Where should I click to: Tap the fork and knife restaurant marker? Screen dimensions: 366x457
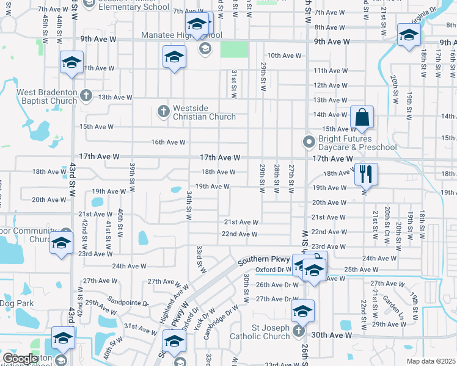pyautogui.click(x=366, y=173)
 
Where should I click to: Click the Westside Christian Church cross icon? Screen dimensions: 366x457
pyautogui.click(x=163, y=111)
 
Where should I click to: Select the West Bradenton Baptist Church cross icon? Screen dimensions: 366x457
pyautogui.click(x=86, y=96)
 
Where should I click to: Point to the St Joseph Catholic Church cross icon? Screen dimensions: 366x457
pyautogui.click(x=298, y=331)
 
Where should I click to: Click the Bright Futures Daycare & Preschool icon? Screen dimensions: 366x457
pyautogui.click(x=309, y=142)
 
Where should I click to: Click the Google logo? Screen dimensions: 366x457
pyautogui.click(x=20, y=359)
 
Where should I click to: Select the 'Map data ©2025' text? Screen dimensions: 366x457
pyautogui.click(x=431, y=361)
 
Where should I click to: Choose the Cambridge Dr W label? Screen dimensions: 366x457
pyautogui.click(x=224, y=317)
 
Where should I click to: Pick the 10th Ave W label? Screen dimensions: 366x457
pyautogui.click(x=284, y=56)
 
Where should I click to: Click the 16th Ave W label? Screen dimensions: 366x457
pyautogui.click(x=168, y=142)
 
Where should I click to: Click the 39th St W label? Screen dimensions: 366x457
pyautogui.click(x=132, y=175)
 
